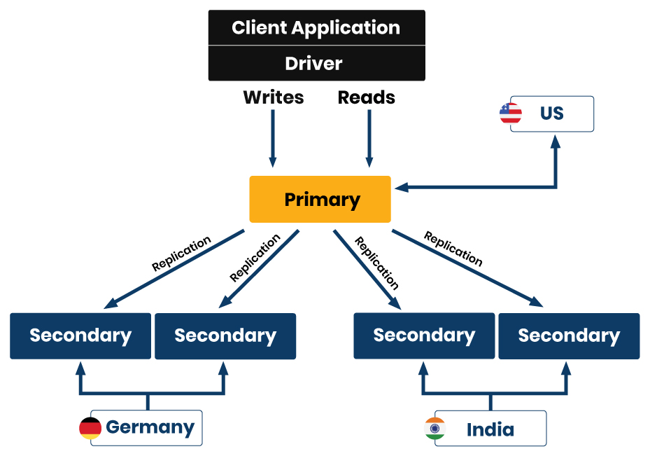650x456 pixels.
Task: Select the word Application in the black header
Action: (346, 28)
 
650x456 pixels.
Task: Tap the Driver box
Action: (316, 64)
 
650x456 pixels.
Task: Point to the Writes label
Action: (274, 98)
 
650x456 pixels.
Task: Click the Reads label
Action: (367, 98)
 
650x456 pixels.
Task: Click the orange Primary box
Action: (320, 200)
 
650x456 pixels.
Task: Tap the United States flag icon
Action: (511, 113)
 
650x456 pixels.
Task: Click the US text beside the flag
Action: (551, 113)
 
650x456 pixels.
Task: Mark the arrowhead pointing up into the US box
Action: (556, 140)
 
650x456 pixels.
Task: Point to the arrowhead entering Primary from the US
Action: (400, 187)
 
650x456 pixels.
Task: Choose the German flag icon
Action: (90, 428)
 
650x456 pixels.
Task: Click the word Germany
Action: (150, 427)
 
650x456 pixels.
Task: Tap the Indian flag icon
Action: (435, 429)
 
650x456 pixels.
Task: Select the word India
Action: (490, 429)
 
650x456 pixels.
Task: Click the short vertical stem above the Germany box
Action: (148, 401)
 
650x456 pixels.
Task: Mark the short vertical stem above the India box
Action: (490, 402)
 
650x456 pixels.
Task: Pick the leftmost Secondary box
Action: (80, 336)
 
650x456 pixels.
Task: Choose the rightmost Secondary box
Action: (569, 336)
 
